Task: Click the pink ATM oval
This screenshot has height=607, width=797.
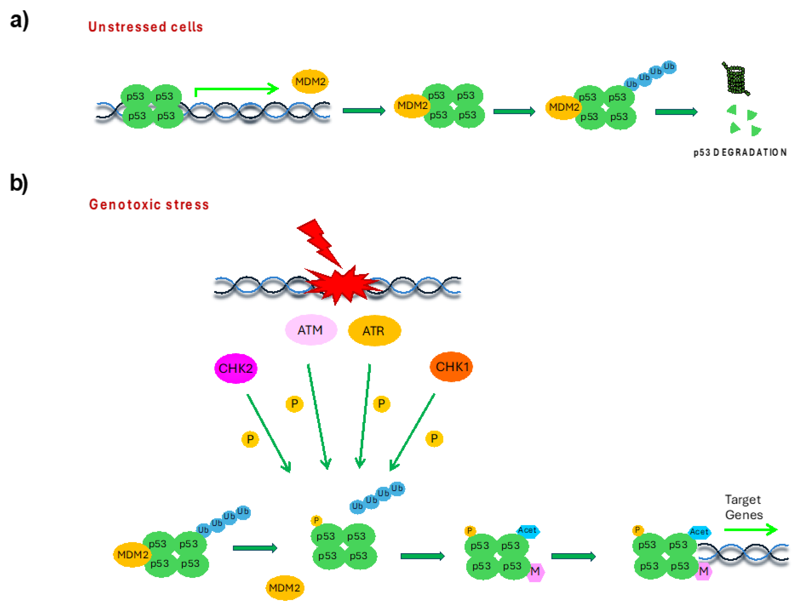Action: [x=310, y=330]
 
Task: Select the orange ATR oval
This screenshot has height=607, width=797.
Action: [x=374, y=331]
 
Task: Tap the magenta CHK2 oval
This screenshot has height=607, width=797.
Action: [x=236, y=368]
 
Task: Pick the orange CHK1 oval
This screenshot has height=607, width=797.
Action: [x=451, y=367]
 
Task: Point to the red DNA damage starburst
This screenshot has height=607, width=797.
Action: [x=342, y=285]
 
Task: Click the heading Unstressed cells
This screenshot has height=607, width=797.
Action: [x=145, y=27]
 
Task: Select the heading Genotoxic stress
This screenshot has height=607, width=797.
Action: [x=149, y=204]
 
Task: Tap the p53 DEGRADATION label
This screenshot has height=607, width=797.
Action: [x=740, y=153]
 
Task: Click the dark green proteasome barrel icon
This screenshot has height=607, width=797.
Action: [x=736, y=79]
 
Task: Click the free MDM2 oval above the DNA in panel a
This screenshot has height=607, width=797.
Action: [x=310, y=81]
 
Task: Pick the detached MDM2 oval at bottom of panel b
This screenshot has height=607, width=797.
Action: [x=284, y=588]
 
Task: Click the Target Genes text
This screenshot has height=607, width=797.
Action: [x=743, y=507]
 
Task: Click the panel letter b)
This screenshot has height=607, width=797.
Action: [x=19, y=183]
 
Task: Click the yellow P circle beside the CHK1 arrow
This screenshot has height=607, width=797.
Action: [x=434, y=439]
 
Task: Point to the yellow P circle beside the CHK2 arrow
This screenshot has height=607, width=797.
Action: [x=250, y=439]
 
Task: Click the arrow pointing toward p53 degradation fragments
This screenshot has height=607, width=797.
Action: [x=676, y=112]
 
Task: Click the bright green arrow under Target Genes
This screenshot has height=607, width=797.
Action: [x=750, y=530]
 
